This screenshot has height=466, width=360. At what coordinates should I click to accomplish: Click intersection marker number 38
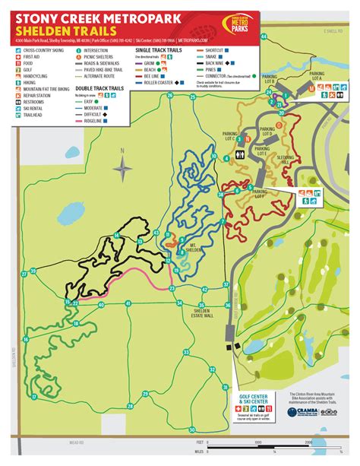tap(220, 195)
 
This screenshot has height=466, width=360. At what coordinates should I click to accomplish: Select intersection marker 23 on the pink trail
tap(172, 289)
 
